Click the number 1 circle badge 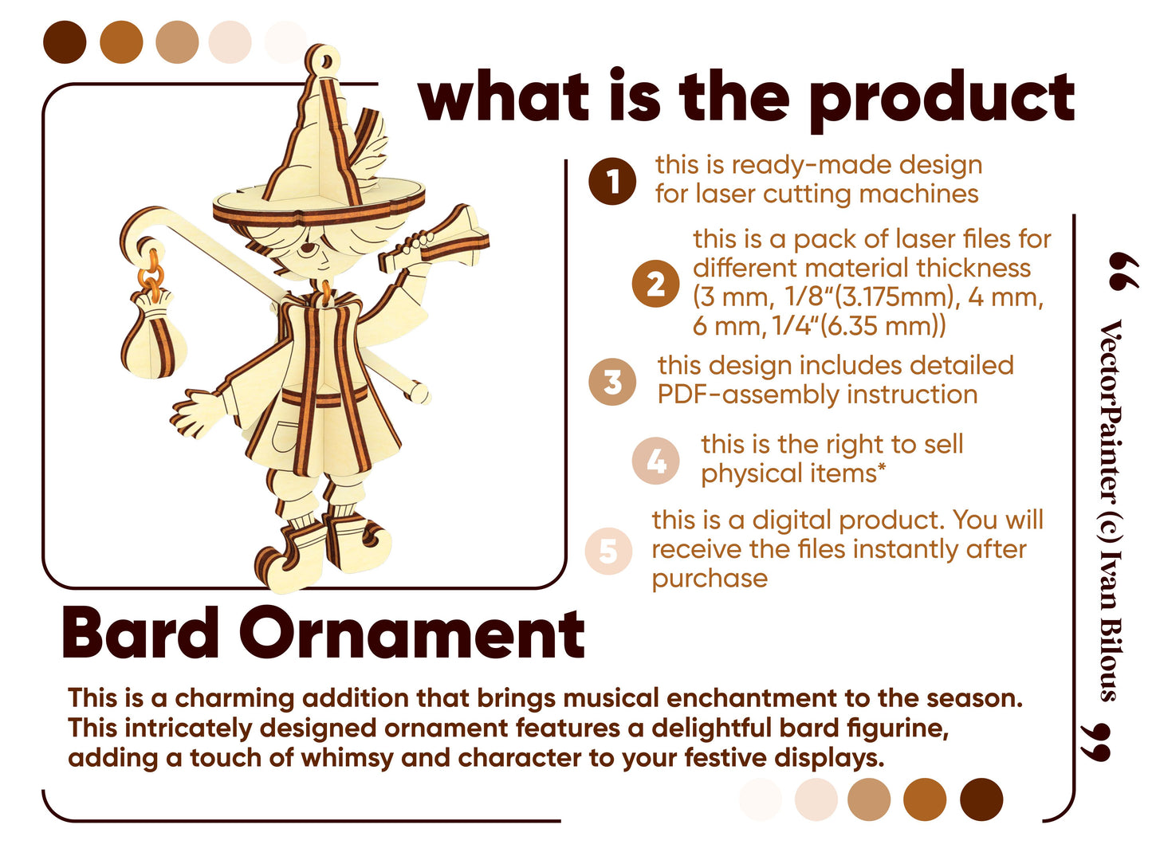click(x=611, y=181)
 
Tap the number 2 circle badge click(x=655, y=283)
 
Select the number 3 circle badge click(x=611, y=381)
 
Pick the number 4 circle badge click(x=655, y=460)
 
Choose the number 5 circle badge click(x=607, y=550)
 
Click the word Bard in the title click(x=140, y=634)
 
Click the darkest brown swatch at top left click(x=65, y=42)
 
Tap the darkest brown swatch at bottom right click(x=981, y=799)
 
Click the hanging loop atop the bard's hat click(x=322, y=61)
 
